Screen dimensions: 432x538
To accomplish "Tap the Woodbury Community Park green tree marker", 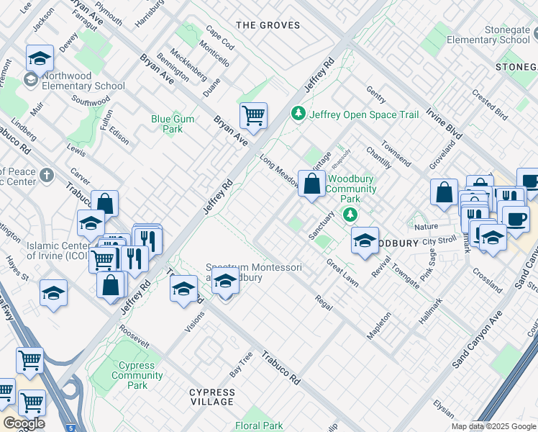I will click(x=350, y=214).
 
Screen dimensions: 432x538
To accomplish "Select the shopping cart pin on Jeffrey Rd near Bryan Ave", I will click(x=253, y=114).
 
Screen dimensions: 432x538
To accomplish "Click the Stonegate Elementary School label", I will click(x=488, y=35).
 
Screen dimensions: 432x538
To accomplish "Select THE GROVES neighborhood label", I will click(x=268, y=25).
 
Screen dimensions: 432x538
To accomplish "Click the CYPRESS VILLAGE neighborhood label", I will click(x=212, y=396).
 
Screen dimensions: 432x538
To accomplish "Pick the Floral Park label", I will click(x=259, y=426).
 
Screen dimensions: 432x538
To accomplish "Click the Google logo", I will click(x=24, y=423).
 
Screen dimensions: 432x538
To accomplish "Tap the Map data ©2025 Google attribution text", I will click(x=493, y=426).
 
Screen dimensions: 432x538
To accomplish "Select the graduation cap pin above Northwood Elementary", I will click(x=40, y=58).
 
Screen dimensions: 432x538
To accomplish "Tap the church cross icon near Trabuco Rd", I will click(x=47, y=175).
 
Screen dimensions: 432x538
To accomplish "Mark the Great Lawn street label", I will click(x=342, y=273).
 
